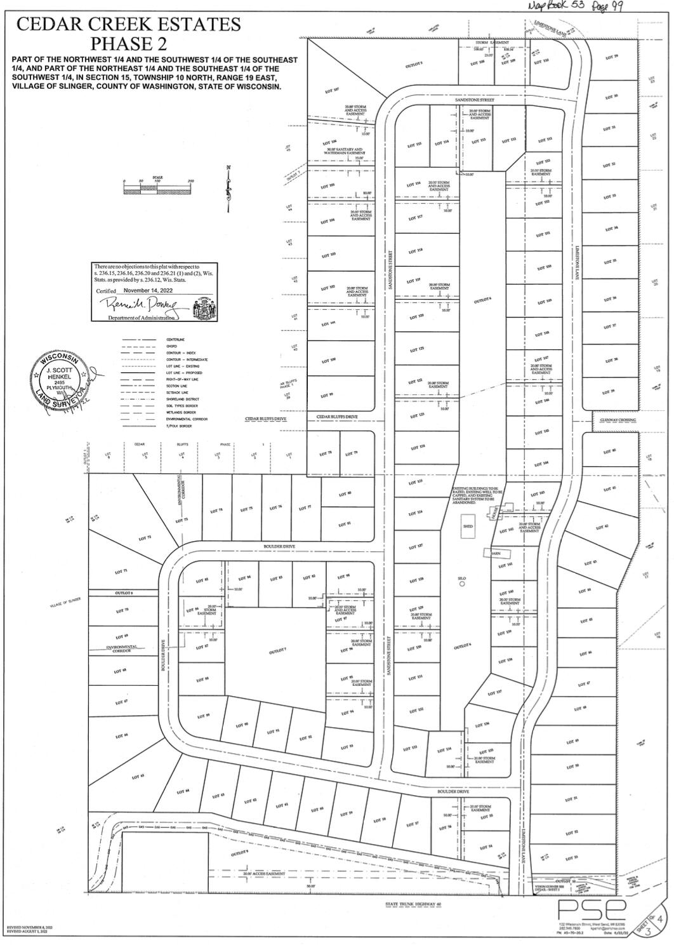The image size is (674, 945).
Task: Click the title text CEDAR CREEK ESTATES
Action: (x=128, y=25)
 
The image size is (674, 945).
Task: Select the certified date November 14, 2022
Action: (x=148, y=290)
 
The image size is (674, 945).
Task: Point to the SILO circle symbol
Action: (x=462, y=585)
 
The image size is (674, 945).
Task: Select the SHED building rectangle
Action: (x=468, y=526)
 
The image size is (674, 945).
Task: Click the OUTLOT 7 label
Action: (x=278, y=652)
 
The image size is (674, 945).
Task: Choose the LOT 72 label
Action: (x=145, y=538)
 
